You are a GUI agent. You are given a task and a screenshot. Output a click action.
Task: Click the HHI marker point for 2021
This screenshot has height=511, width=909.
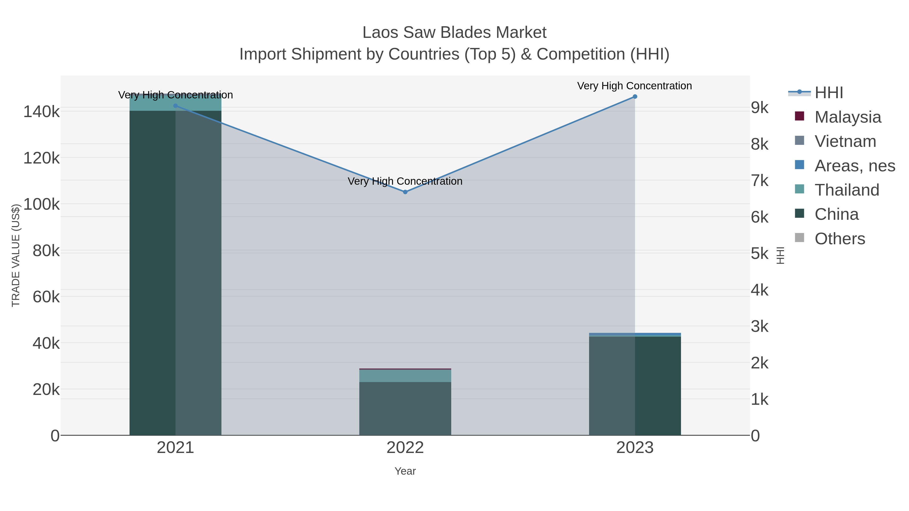point(175,106)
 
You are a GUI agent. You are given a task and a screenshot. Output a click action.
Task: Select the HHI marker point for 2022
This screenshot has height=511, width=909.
point(405,192)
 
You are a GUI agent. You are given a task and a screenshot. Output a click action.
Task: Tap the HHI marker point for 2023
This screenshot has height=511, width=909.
point(635,97)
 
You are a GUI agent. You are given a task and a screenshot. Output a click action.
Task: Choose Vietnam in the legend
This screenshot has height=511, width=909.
point(845,141)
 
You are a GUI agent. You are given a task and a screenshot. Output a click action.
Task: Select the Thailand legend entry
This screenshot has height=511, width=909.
point(847,190)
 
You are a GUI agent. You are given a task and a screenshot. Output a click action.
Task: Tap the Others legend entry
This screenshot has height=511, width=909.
point(840,238)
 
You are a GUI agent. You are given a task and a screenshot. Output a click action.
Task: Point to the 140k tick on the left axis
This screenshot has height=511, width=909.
point(41,112)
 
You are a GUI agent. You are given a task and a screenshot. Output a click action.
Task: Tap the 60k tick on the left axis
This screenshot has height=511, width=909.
point(46,297)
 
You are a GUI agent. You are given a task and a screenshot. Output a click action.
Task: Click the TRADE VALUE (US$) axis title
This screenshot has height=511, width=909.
point(16,255)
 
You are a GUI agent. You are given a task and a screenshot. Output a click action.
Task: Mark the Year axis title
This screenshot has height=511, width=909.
point(405,471)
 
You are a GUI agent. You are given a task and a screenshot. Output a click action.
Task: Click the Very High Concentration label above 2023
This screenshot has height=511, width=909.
point(635,86)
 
